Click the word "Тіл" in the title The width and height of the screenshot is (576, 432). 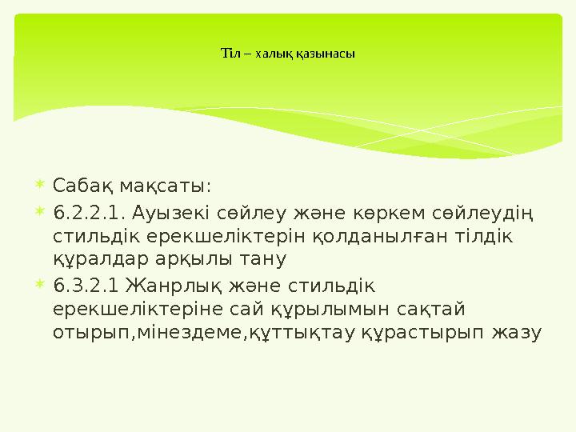pyautogui.click(x=228, y=54)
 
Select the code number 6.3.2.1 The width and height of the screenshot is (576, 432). pyautogui.click(x=83, y=285)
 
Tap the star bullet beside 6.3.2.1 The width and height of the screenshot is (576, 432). pyautogui.click(x=41, y=284)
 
